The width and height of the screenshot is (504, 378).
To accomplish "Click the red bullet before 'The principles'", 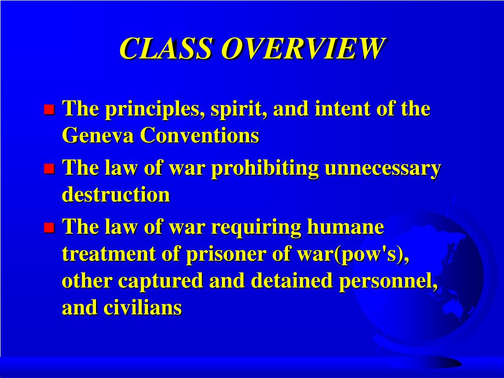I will (49, 109).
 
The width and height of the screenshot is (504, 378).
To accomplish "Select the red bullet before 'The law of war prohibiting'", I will (49, 169).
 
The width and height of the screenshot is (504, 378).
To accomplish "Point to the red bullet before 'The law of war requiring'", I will (49, 228).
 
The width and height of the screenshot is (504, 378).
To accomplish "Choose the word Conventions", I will (199, 136).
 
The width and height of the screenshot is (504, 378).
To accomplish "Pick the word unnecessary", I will (382, 169).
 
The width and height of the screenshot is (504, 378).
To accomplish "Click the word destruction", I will (116, 195).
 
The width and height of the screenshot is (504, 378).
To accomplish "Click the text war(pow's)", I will (352, 254).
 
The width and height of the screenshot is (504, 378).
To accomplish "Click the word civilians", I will (142, 308).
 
